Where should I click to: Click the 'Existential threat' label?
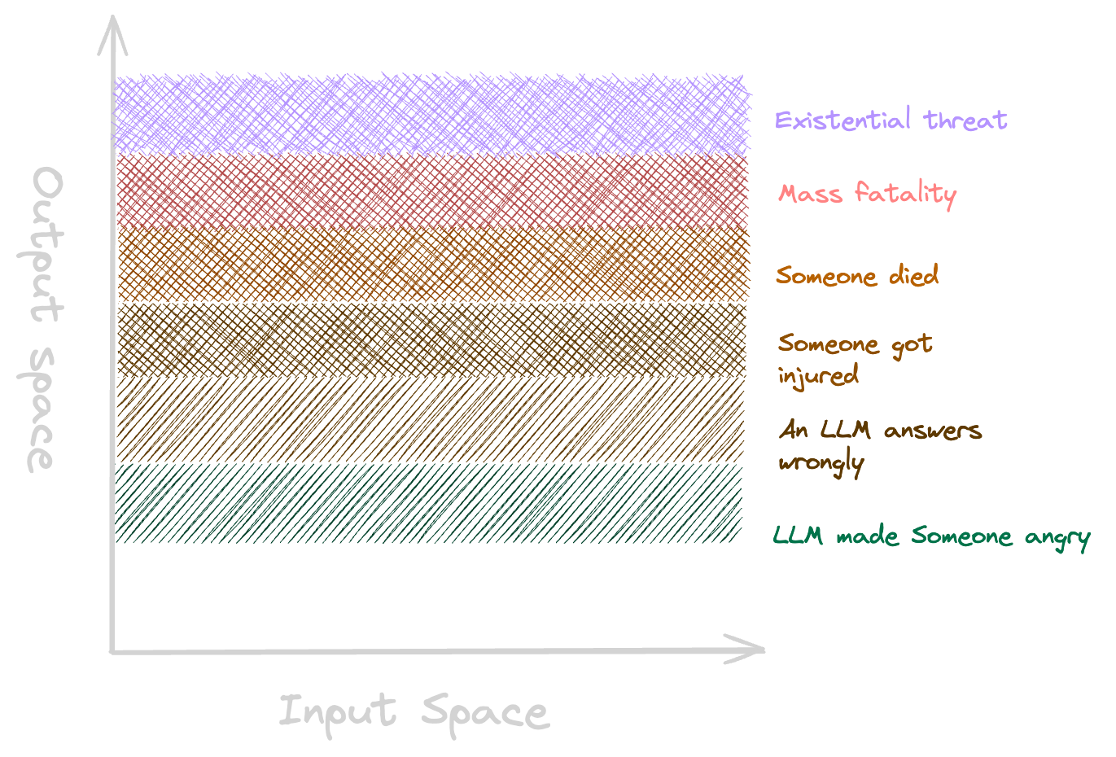coord(891,120)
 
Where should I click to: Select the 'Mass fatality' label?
coord(867,194)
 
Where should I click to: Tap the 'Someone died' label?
coord(856,275)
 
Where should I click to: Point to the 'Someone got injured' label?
coord(854,358)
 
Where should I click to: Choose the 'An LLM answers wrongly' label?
coord(879,444)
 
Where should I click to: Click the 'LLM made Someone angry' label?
coord(930,536)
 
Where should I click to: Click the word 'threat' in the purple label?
coord(966,120)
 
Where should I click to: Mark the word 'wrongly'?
coord(820,463)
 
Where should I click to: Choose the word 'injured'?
coord(818,377)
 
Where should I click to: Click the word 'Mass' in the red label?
coord(810,194)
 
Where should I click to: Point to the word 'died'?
coord(913,275)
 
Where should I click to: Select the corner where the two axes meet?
coord(112,651)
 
